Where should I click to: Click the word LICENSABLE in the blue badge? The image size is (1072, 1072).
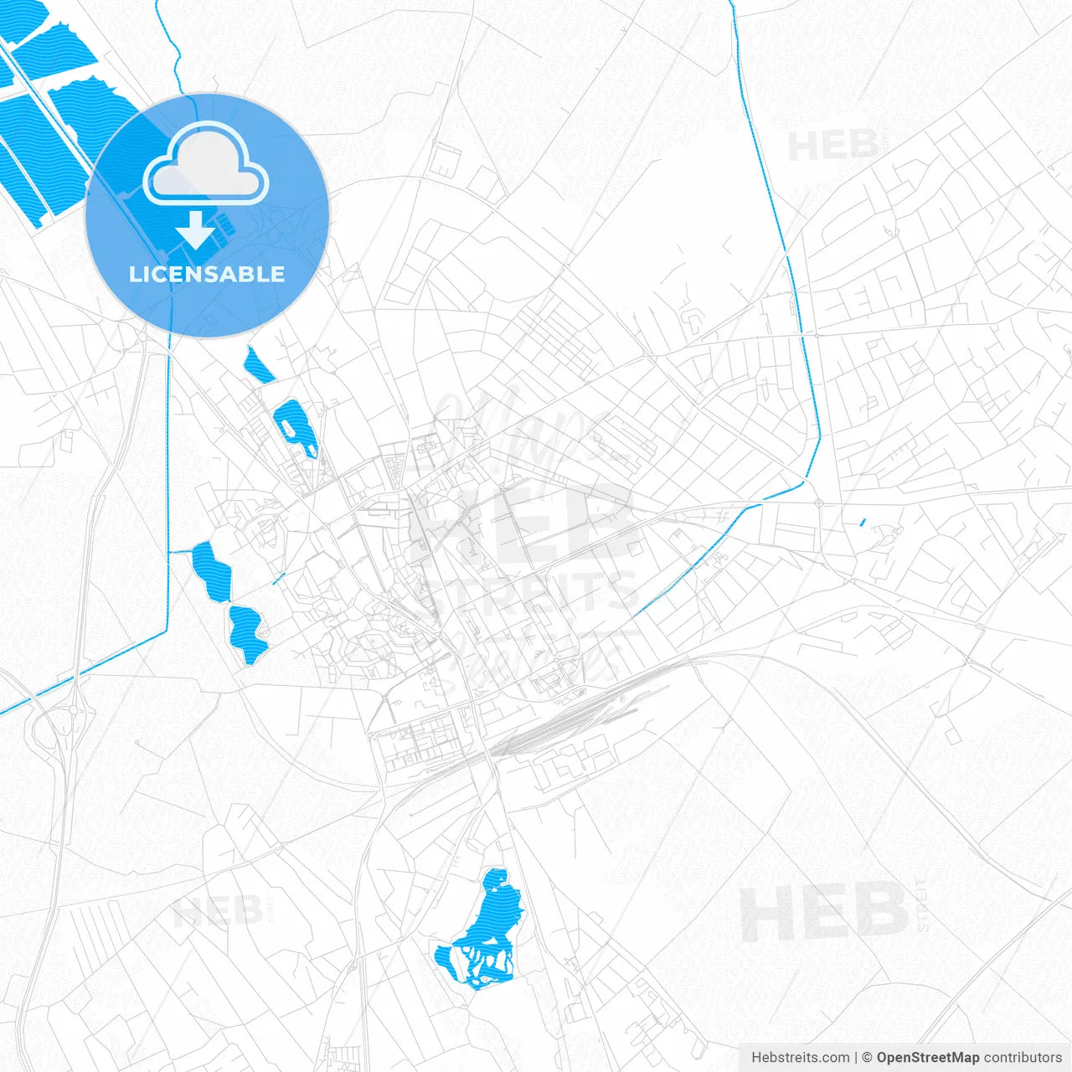tap(207, 274)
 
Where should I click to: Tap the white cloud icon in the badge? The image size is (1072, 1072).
tap(205, 166)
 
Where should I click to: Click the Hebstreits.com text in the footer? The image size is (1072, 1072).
tap(800, 1058)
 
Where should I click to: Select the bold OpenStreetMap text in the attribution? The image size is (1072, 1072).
tap(927, 1058)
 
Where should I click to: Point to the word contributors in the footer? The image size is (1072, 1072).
tap(1023, 1058)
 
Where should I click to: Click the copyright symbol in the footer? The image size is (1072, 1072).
tap(867, 1058)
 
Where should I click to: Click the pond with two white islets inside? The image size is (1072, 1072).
tap(296, 427)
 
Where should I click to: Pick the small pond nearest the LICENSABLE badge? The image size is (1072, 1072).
tap(257, 365)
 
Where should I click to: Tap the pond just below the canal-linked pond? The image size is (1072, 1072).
tap(247, 632)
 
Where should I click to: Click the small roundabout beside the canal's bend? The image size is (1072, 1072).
tap(818, 503)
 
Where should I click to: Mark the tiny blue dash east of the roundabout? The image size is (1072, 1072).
tap(863, 523)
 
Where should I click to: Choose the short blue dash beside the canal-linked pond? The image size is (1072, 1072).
tap(279, 578)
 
